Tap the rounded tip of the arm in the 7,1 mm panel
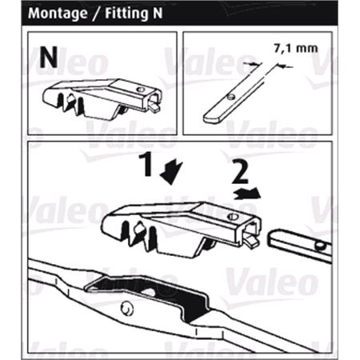point(209,118)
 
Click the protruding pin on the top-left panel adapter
point(156,104)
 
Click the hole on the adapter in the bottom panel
point(235,217)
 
